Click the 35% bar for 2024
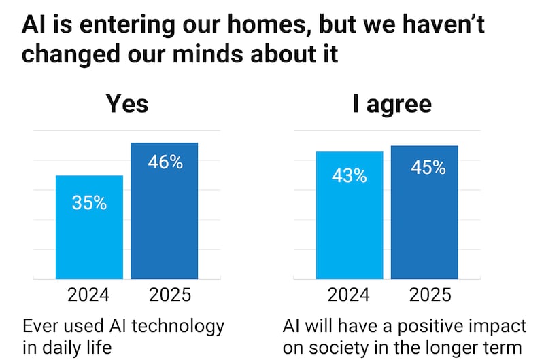89,238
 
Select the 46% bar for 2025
164,224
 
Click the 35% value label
89,202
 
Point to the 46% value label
165,162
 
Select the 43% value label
350,175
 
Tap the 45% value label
428,167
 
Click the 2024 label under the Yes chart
88,295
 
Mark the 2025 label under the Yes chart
164,295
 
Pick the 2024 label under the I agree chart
349,295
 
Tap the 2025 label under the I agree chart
424,295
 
